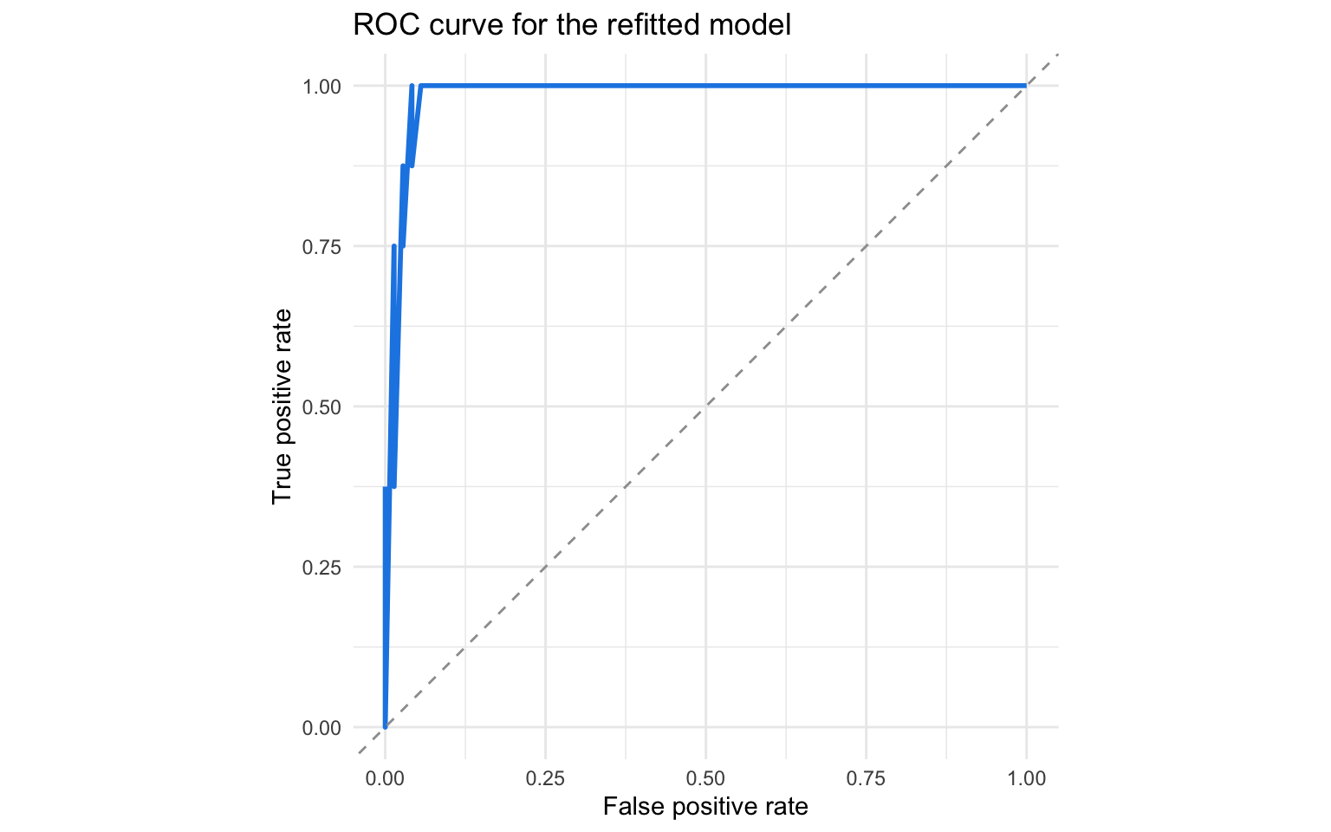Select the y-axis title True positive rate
[x=282, y=406]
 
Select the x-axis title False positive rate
[x=705, y=807]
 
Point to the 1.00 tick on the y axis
[x=321, y=87]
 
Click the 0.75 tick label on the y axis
[x=321, y=247]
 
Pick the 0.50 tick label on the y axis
[x=321, y=407]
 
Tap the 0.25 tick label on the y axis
[x=321, y=568]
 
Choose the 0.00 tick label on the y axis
[x=321, y=728]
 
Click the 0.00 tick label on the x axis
[x=385, y=778]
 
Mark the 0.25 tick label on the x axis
[x=545, y=778]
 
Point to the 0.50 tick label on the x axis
[x=705, y=778]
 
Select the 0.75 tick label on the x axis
[x=866, y=778]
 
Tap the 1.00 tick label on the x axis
[x=1026, y=778]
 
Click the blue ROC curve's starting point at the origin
[x=385, y=726]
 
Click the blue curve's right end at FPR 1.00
[x=1026, y=86]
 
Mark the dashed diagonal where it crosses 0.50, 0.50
[x=705, y=406]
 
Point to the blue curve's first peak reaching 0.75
[x=394, y=247]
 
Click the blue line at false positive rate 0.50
[x=705, y=86]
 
